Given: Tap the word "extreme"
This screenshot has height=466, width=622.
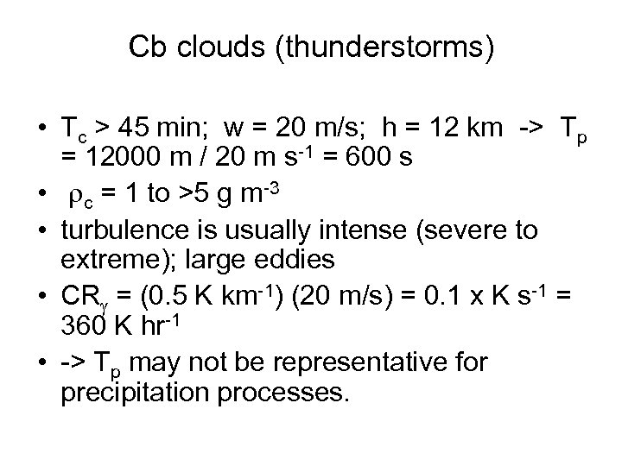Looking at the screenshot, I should (x=110, y=260).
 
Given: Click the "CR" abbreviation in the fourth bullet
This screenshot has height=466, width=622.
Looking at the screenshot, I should (x=79, y=298).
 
